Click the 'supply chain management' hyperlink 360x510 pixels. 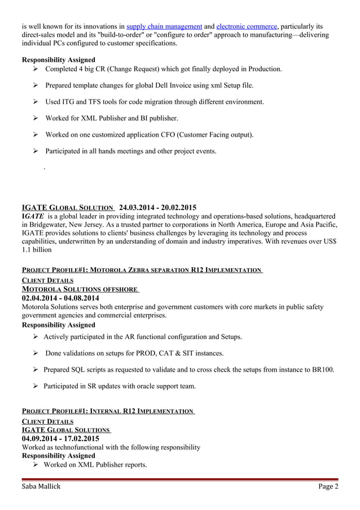click(164, 26)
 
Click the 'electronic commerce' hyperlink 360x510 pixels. click(247, 26)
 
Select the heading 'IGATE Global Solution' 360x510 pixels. click(68, 207)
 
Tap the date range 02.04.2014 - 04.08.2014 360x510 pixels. click(60, 298)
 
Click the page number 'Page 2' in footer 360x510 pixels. click(328, 487)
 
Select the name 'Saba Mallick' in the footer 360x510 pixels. click(41, 487)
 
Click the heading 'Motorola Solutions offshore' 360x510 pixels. click(79, 289)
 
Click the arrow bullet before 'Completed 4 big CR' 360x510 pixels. click(36, 69)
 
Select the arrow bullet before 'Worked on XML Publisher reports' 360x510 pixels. click(36, 465)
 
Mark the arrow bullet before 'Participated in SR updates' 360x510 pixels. click(36, 386)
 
